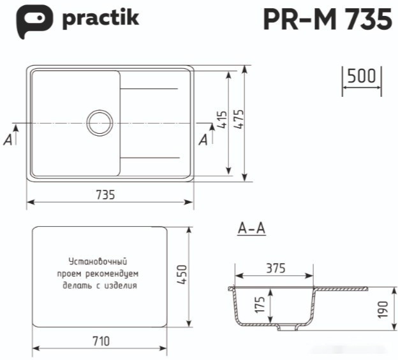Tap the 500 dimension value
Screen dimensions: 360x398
pos(361,76)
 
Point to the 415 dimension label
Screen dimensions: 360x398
pos(222,120)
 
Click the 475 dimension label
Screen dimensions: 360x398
pos(239,120)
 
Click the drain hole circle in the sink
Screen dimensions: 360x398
pos(99,122)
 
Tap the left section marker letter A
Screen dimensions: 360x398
pos(8,140)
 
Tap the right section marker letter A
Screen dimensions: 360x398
pos(203,140)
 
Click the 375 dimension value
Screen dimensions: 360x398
pos(275,268)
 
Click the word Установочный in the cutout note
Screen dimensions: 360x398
pos(99,262)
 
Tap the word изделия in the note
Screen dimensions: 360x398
pos(124,285)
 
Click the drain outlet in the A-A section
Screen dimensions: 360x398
pos(288,328)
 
